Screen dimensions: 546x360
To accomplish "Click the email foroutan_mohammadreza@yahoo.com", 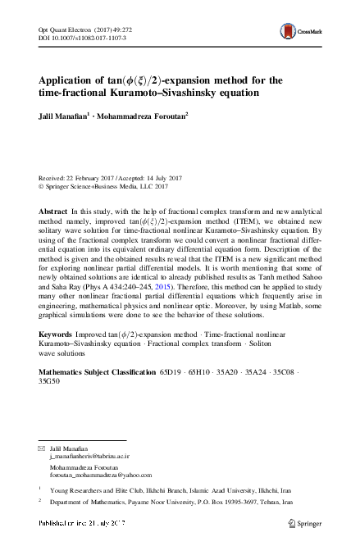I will click(x=97, y=475).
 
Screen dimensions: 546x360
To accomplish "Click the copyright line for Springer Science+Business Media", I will click(x=98, y=184).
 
